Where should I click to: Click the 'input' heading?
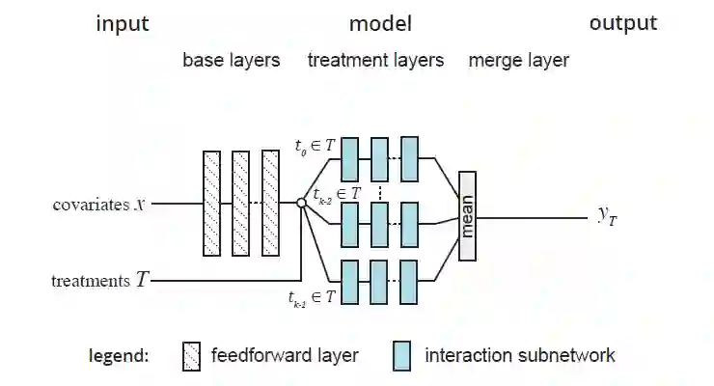pyautogui.click(x=122, y=24)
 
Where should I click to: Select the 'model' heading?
pyautogui.click(x=380, y=24)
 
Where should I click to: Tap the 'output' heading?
pyautogui.click(x=622, y=23)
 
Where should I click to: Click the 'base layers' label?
pyautogui.click(x=232, y=60)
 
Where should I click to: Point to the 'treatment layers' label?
pyautogui.click(x=375, y=60)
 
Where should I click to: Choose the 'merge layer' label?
pyautogui.click(x=518, y=60)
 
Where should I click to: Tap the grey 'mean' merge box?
pyautogui.click(x=468, y=216)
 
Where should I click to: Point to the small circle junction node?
pyautogui.click(x=301, y=203)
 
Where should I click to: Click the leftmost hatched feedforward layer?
pyautogui.click(x=212, y=203)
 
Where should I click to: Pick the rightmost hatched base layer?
pyautogui.click(x=271, y=203)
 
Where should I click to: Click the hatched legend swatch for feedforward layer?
pyautogui.click(x=191, y=356)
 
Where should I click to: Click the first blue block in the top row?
pyautogui.click(x=350, y=159)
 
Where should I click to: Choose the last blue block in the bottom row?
pyautogui.click(x=410, y=282)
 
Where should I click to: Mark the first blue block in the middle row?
pyautogui.click(x=350, y=223)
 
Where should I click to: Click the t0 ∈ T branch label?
pyautogui.click(x=315, y=146)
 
